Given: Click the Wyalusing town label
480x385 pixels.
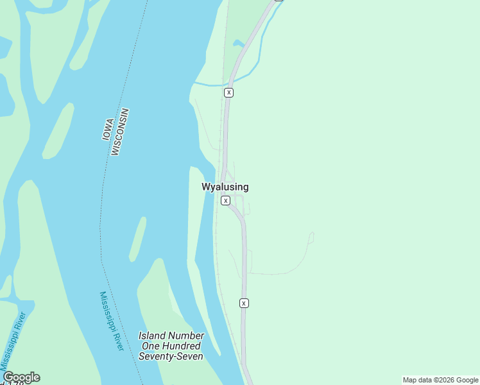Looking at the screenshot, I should click(x=225, y=187).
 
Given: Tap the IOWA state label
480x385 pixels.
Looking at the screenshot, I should click(x=108, y=130).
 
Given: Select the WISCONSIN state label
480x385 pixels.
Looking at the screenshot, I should click(x=120, y=132).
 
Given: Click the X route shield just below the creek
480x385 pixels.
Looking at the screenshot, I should click(x=228, y=92).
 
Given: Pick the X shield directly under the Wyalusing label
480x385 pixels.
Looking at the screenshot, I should click(x=225, y=201).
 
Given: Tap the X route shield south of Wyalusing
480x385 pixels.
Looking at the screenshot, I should click(x=244, y=303).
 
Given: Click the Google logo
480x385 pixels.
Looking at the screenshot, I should click(x=21, y=377).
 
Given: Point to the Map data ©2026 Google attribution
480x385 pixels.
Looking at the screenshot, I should click(x=440, y=380).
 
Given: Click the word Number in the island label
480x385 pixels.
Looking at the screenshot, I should click(x=187, y=336).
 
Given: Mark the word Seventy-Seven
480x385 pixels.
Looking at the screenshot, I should click(x=171, y=356).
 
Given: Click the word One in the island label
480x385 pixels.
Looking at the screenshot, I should click(x=150, y=346).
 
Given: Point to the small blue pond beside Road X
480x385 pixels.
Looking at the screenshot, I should click(x=238, y=44).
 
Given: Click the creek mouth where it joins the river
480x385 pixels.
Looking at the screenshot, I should click(x=195, y=84).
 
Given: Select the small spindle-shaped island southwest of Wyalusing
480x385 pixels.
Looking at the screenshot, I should click(x=137, y=239).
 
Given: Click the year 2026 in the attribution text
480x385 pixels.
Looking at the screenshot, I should click(x=447, y=380).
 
